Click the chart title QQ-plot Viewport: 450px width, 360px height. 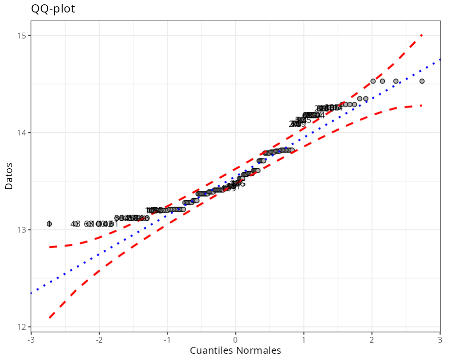click(53, 9)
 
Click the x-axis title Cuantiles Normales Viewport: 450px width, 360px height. click(235, 350)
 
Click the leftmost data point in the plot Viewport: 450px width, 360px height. click(49, 224)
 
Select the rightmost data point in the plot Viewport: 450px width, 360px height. click(422, 81)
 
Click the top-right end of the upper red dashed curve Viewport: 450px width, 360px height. click(422, 35)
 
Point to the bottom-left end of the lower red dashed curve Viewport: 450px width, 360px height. click(49, 318)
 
